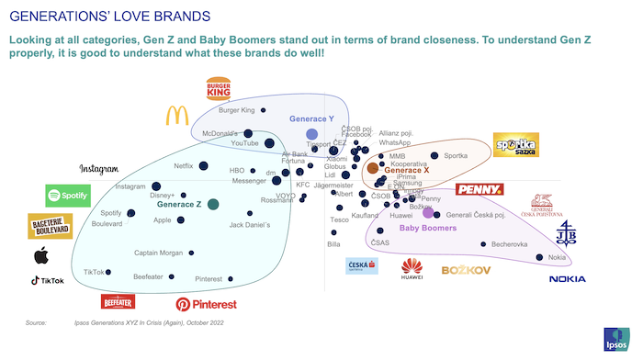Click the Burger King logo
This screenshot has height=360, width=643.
tap(219, 89)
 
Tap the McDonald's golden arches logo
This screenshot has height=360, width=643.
tap(176, 115)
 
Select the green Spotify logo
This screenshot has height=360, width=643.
tap(68, 195)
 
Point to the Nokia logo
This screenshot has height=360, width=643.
tap(567, 279)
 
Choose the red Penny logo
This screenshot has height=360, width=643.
tap(479, 190)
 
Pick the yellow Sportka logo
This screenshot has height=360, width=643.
tap(515, 145)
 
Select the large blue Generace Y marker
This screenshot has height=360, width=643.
tap(311, 135)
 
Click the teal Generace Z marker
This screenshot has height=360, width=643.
tap(212, 204)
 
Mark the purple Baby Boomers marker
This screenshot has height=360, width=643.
tap(427, 213)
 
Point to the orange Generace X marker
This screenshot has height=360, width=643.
tap(372, 168)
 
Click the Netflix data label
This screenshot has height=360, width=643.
tap(184, 165)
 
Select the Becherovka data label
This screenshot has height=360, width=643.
tap(509, 244)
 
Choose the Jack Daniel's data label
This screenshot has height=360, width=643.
tap(249, 225)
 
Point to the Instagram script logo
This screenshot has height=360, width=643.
tap(99, 169)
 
